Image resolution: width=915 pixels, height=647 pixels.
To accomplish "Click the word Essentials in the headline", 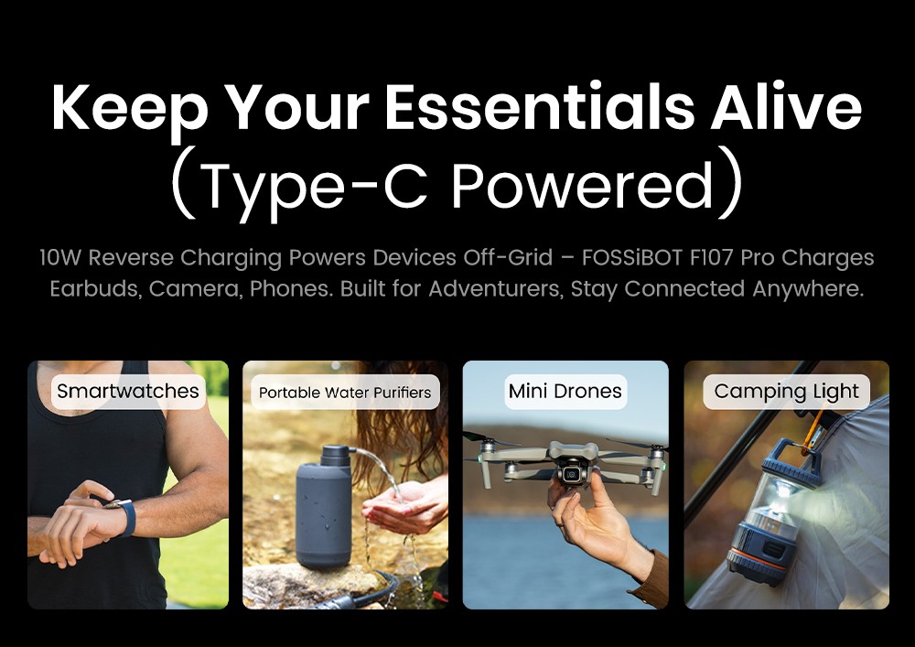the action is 539,107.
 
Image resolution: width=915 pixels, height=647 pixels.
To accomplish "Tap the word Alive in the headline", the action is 786,107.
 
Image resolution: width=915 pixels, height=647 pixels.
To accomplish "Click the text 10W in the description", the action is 60,257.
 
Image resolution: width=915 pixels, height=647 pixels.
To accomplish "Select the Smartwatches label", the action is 128,391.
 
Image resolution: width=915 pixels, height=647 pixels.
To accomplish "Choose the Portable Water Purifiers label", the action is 345,392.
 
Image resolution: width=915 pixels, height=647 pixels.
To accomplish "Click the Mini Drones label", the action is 565,391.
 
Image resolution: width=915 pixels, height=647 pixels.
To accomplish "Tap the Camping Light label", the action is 786,392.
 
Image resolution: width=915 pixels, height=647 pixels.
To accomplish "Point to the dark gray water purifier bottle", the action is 323,506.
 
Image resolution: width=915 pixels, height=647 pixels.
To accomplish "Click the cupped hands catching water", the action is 403,506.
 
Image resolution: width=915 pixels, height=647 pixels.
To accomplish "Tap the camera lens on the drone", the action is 572,473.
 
